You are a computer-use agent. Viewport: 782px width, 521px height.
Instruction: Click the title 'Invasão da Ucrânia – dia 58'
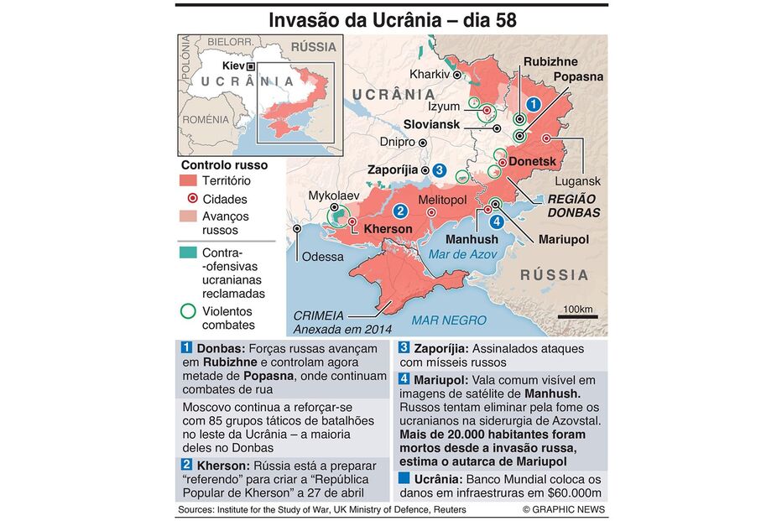click(x=391, y=19)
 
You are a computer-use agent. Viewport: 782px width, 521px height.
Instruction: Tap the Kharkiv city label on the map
click(x=429, y=74)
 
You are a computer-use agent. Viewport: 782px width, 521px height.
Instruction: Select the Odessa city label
click(x=322, y=256)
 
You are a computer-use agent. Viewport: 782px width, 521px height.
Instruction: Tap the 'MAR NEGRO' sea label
click(x=448, y=320)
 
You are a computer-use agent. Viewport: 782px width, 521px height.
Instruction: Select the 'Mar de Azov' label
click(x=462, y=253)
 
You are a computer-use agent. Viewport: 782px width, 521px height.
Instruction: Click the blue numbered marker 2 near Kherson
click(x=401, y=211)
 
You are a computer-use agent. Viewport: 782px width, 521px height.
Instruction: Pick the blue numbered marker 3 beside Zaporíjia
click(x=440, y=169)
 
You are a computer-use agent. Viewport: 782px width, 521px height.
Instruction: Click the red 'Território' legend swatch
click(x=190, y=180)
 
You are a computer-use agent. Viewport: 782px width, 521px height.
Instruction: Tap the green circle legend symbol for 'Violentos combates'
click(x=190, y=311)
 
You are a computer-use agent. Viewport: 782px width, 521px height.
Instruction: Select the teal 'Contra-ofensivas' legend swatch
click(x=190, y=252)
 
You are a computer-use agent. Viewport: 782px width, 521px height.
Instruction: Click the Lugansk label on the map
click(x=577, y=181)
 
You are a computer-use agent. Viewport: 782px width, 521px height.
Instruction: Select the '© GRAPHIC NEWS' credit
click(x=563, y=510)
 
